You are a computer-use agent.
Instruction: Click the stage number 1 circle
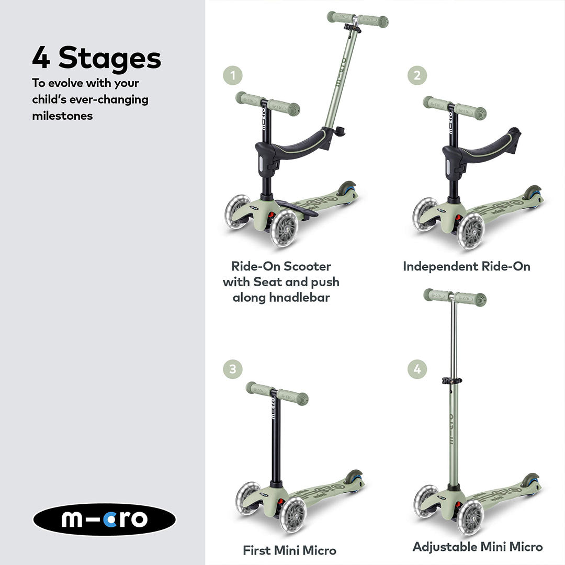point(232,76)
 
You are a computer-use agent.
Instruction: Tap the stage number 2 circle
point(417,76)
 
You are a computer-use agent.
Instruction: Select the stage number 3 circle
point(232,369)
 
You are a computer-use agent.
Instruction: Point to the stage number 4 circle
point(417,369)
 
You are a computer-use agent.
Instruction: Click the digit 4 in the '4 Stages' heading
point(41,58)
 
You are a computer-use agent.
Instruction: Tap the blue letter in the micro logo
point(109,519)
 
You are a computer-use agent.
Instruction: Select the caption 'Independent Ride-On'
point(467,267)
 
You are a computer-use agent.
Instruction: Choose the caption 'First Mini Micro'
point(289,550)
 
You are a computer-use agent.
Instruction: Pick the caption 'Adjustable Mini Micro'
point(478,547)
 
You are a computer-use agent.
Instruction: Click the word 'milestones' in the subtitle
point(62,116)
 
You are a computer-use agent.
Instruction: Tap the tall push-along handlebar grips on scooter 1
point(357,19)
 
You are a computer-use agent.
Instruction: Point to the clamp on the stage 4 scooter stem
point(452,380)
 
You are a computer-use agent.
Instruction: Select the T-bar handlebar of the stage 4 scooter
point(455,297)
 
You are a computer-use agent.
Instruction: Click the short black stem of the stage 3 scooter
point(275,439)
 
